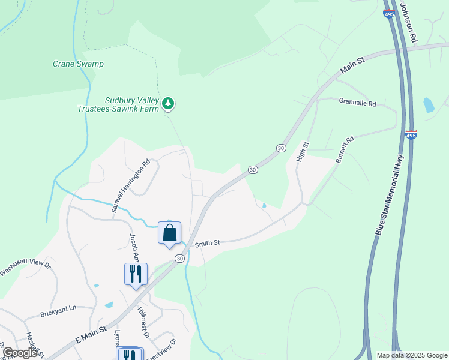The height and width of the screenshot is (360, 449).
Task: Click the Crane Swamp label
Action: (78, 64)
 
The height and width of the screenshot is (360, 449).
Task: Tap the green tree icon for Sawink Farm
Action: (169, 104)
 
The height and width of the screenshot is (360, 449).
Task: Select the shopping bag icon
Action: (169, 233)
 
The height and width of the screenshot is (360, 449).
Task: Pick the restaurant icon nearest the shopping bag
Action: (136, 274)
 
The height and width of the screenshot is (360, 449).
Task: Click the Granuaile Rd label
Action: (357, 103)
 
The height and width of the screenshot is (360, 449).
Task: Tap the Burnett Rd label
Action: (345, 147)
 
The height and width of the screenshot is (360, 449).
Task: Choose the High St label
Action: (303, 152)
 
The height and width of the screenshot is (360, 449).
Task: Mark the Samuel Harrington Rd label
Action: (130, 186)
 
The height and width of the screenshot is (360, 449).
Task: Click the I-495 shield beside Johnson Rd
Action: (388, 13)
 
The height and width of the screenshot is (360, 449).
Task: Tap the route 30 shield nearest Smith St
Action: (179, 259)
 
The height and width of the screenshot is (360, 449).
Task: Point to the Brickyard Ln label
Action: (58, 311)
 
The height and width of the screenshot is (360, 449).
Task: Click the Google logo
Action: (20, 353)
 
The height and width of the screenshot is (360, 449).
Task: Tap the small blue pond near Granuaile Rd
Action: (429, 106)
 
